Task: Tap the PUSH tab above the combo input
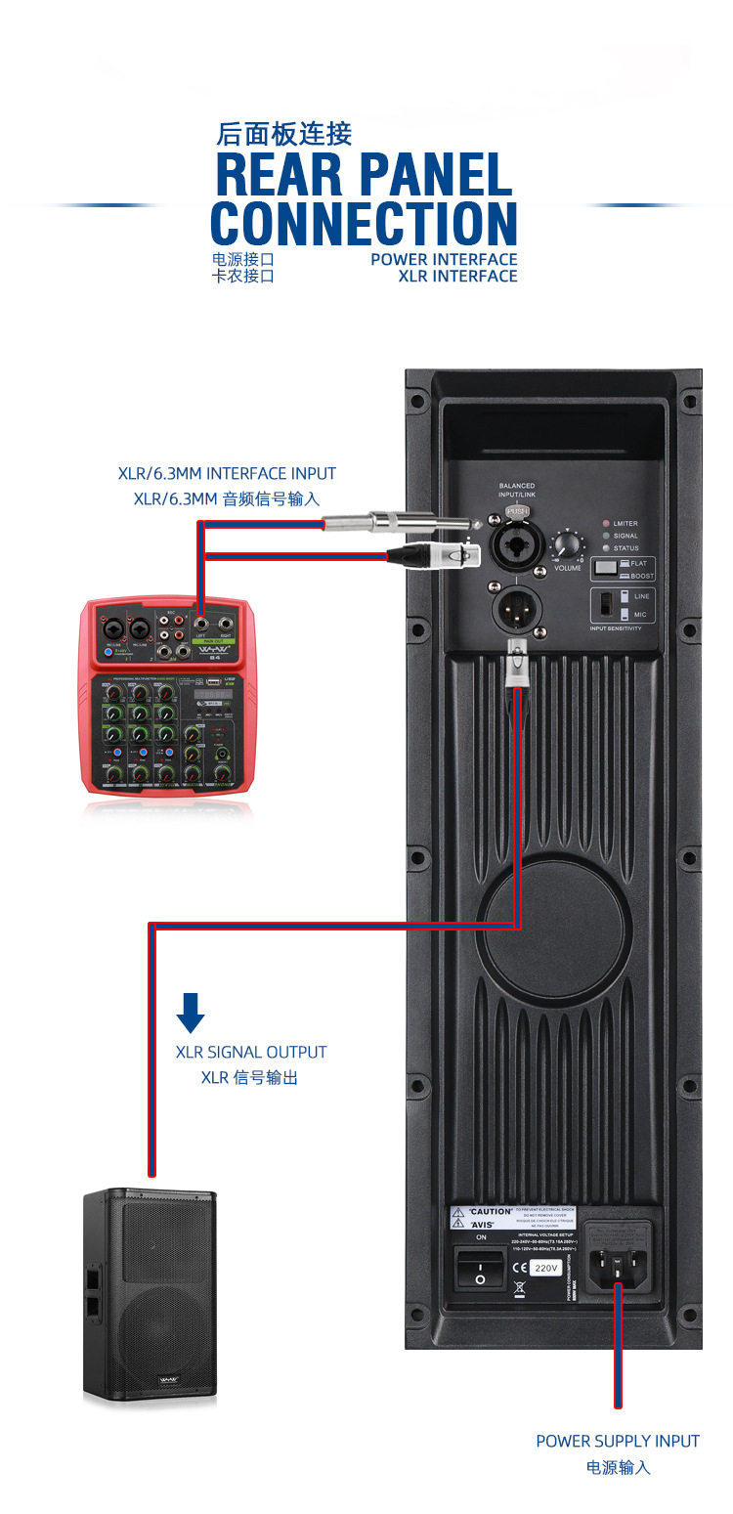pos(517,510)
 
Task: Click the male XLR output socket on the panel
pos(517,607)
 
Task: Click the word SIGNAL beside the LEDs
pos(625,536)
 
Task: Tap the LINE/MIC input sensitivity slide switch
pos(623,605)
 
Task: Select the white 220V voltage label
pos(545,1268)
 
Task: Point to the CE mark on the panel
pos(519,1268)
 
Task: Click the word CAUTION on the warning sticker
pos(491,1212)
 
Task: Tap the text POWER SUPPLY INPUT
pos(618,1441)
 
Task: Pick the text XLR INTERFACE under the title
pos(457,276)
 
